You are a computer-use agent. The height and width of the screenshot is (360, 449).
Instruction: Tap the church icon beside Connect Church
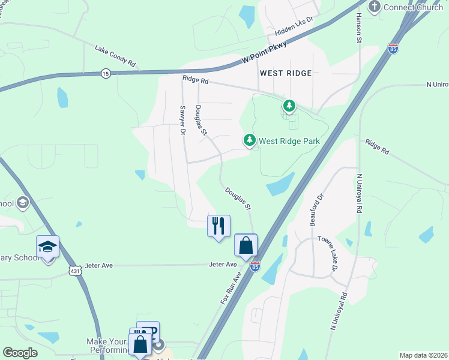pyautogui.click(x=375, y=7)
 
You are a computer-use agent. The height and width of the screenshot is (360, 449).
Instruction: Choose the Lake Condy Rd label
pyautogui.click(x=116, y=55)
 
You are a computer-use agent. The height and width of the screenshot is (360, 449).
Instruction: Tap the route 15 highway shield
pyautogui.click(x=106, y=73)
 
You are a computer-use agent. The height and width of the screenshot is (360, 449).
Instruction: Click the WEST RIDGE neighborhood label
pyautogui.click(x=286, y=73)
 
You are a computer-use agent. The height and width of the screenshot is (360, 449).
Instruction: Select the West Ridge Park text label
pyautogui.click(x=289, y=141)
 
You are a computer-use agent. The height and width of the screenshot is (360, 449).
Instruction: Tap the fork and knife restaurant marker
pyautogui.click(x=218, y=226)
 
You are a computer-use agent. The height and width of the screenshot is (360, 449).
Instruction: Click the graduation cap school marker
pyautogui.click(x=48, y=247)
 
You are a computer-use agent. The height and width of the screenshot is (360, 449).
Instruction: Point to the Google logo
pyautogui.click(x=20, y=353)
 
